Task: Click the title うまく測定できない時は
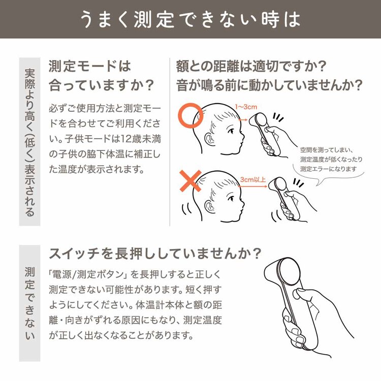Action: coord(190,19)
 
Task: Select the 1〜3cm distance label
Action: coord(247,107)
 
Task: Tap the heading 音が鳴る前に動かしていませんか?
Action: coord(269,85)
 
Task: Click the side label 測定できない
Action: coord(29,303)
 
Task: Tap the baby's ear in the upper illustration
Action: coord(210,136)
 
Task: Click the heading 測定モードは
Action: coord(89,67)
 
